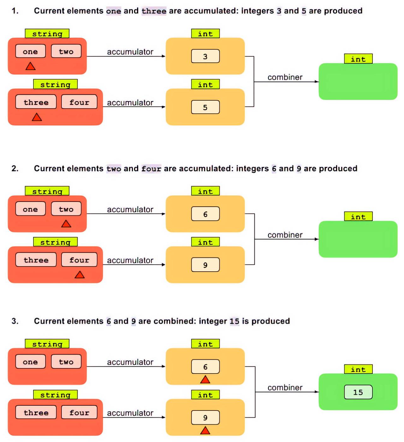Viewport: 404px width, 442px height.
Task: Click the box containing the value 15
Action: [358, 392]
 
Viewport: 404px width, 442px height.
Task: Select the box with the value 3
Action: [205, 56]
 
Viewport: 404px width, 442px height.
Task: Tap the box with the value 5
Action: [205, 107]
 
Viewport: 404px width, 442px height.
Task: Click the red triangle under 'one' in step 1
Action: [30, 67]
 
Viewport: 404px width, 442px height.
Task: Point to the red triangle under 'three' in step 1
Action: [37, 118]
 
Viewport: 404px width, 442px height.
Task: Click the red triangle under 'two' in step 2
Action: [66, 224]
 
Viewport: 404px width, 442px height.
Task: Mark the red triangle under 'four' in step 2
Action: [80, 275]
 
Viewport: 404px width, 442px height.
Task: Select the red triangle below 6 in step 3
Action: [205, 380]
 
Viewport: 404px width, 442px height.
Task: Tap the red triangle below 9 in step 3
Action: [205, 431]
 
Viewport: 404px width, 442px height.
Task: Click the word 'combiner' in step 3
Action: [285, 388]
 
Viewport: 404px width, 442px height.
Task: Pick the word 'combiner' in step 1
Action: [285, 77]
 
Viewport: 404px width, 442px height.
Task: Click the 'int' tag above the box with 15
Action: [358, 369]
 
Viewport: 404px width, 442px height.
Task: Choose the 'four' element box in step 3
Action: [79, 413]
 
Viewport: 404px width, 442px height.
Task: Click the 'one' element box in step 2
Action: [30, 209]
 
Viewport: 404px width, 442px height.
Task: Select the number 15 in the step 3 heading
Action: [234, 321]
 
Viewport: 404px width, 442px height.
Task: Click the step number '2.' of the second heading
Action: [15, 168]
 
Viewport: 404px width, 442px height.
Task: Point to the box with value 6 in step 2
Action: [205, 214]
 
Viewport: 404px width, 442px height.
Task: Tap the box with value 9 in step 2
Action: [205, 265]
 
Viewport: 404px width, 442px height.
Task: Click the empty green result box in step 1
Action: [358, 82]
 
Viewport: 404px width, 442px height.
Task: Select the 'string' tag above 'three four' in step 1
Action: [55, 85]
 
